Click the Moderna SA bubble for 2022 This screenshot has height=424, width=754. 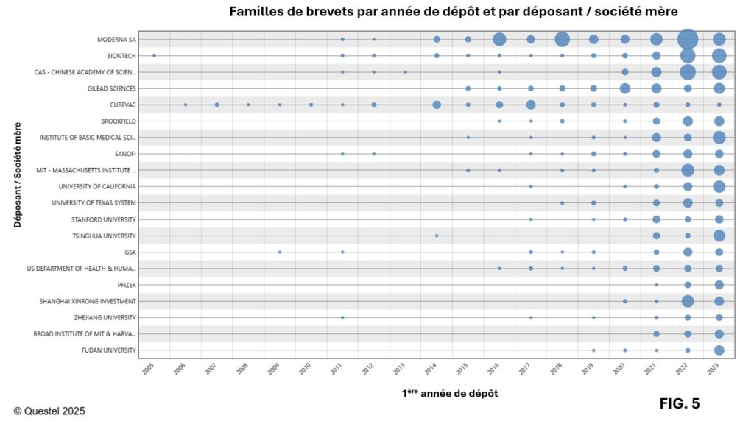coord(688,39)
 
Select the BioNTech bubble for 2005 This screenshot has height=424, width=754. coord(154,55)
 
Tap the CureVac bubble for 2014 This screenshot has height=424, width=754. coord(437,105)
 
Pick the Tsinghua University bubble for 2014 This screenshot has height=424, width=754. coord(437,236)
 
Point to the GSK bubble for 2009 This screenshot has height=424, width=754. coord(280,252)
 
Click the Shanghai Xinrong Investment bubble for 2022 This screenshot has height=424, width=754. coord(688,301)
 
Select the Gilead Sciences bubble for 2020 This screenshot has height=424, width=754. coord(625,88)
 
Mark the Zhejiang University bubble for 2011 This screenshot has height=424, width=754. coord(342,317)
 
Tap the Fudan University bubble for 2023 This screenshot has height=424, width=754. coord(719,350)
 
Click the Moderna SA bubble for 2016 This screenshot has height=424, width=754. coord(499,39)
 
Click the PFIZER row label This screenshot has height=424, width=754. coord(127,285)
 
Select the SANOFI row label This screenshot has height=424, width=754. coord(124,154)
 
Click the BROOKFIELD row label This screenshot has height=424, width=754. coord(119,121)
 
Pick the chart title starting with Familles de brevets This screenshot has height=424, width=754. coord(453,12)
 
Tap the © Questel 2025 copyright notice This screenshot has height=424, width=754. coord(49,411)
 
